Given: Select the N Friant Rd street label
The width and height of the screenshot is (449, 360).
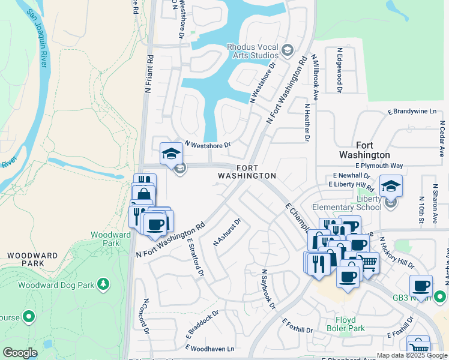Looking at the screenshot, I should (149, 74).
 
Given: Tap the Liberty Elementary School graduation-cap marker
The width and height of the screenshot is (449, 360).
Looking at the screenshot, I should (391, 186).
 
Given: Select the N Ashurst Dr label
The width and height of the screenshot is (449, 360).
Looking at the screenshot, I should (228, 232).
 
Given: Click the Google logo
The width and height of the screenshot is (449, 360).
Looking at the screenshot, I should (20, 353).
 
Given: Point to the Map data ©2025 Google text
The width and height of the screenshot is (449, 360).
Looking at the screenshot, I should (411, 355).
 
